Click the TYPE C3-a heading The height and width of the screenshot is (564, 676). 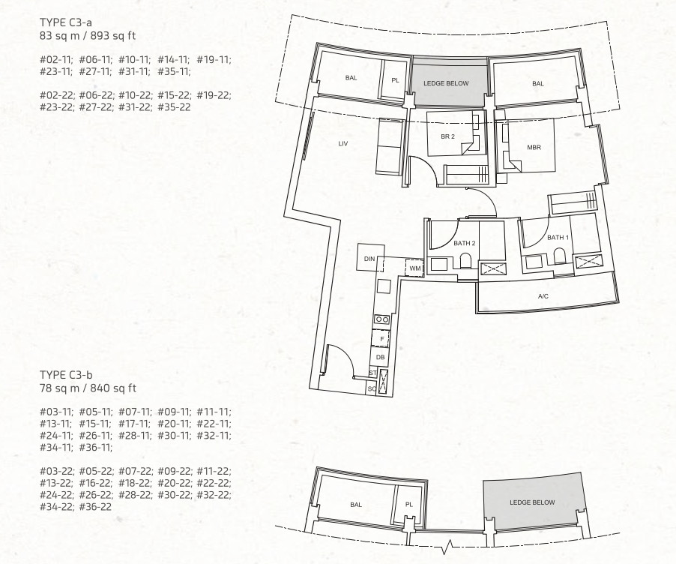(65, 22)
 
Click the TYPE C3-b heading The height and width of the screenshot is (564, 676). (66, 375)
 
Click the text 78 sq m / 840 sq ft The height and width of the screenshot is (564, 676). (88, 388)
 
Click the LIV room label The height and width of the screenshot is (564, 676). (343, 144)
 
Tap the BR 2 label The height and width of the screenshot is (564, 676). (448, 136)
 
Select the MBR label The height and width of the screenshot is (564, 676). (534, 148)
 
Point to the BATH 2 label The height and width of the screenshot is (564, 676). (465, 244)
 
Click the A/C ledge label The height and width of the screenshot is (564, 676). (543, 296)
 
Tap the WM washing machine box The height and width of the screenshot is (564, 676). (414, 268)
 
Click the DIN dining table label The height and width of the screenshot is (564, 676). (369, 259)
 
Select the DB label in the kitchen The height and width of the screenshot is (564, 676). (380, 357)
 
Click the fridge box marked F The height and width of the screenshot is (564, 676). (381, 339)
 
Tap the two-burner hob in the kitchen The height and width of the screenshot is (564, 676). (381, 319)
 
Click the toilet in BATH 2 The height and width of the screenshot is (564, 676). (465, 261)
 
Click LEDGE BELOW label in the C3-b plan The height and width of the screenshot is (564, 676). (532, 502)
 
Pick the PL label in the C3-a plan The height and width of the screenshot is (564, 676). (396, 80)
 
